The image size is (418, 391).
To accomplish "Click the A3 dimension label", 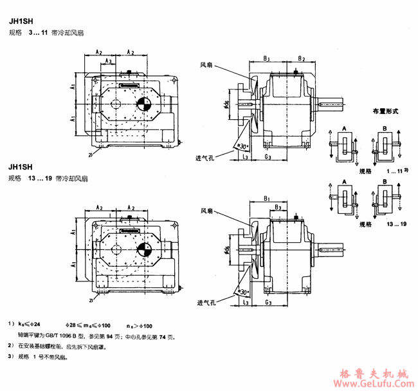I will tap(109, 61).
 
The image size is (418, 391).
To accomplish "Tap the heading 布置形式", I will tap(386, 111).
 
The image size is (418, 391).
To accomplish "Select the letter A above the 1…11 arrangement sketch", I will tap(345, 129).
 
